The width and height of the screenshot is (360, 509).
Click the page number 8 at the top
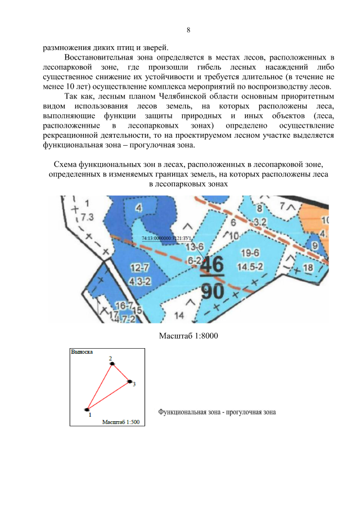tap(188, 30)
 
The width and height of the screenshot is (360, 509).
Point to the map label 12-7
tap(139, 267)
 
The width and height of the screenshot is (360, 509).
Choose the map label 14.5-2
tap(250, 265)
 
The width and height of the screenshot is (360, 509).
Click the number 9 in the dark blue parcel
tap(315, 245)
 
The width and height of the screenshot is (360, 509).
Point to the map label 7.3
tap(87, 217)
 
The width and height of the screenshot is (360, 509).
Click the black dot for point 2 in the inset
tap(112, 364)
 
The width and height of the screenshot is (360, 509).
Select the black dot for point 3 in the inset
tap(129, 382)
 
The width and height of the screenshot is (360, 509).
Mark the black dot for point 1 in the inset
tap(87, 409)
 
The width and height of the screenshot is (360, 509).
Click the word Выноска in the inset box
tap(82, 352)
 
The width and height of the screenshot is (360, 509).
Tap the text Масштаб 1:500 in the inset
tap(121, 421)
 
